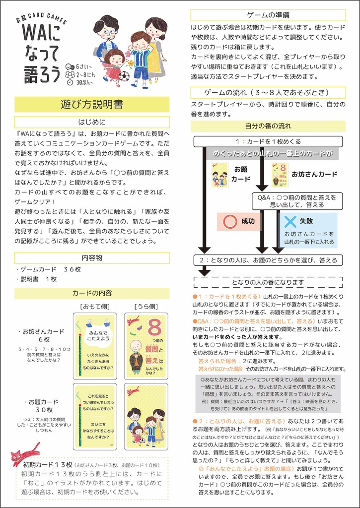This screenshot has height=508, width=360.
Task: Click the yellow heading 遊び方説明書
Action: (x=92, y=104)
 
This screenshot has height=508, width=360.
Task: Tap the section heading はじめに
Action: (x=92, y=122)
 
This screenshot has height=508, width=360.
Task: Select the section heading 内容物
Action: (x=92, y=257)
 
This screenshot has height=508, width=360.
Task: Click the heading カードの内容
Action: (x=92, y=293)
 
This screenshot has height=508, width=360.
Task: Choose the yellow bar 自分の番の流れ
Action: (x=268, y=126)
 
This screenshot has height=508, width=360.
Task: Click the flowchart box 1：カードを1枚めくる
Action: (x=268, y=141)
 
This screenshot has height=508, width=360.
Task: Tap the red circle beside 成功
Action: (x=230, y=222)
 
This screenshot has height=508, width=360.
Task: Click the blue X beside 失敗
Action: (x=290, y=222)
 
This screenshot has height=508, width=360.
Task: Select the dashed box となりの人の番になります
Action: (x=268, y=282)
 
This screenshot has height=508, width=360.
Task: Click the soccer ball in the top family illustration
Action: (x=124, y=76)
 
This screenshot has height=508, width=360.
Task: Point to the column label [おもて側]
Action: (x=95, y=306)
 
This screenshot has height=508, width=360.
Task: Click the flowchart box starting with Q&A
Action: (x=296, y=200)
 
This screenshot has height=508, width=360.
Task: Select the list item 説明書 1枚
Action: (x=37, y=279)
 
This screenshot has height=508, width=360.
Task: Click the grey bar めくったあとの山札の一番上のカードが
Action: (x=273, y=153)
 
